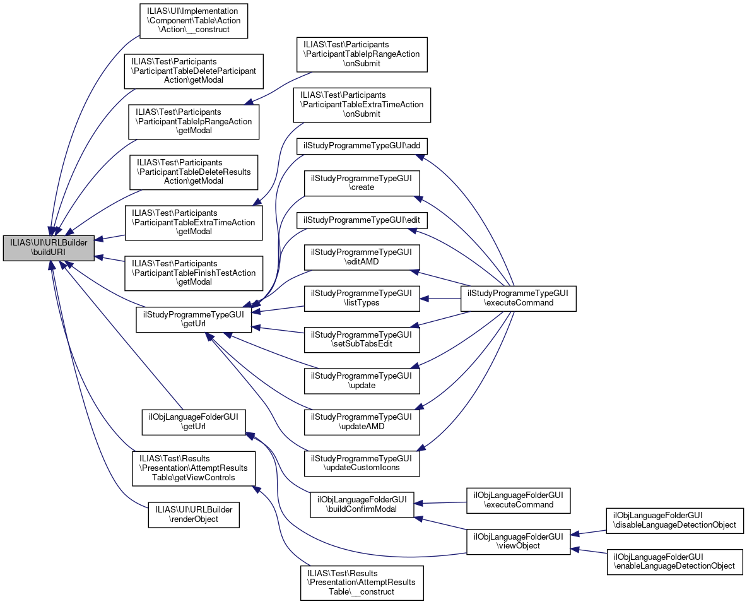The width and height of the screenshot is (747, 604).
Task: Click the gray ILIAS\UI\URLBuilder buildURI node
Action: pyautogui.click(x=49, y=248)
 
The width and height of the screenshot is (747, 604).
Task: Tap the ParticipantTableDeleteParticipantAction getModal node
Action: pyautogui.click(x=194, y=71)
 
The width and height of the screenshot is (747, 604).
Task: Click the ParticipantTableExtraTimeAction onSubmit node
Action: pyautogui.click(x=362, y=105)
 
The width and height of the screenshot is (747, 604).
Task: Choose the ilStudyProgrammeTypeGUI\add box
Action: pyautogui.click(x=362, y=146)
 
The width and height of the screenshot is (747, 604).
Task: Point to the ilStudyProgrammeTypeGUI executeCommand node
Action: pyautogui.click(x=518, y=298)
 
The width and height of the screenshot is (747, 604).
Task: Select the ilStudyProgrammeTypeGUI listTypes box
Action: pyautogui.click(x=362, y=298)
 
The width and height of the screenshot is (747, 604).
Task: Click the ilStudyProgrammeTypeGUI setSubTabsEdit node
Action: pyautogui.click(x=362, y=340)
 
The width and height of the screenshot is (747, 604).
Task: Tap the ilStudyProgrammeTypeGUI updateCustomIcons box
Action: pyautogui.click(x=362, y=463)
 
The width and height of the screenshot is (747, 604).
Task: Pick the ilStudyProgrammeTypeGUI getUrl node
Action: pyautogui.click(x=194, y=319)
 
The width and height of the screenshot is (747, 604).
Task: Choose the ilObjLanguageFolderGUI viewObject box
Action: pyautogui.click(x=519, y=541)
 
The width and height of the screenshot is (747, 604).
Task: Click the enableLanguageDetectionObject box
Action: pyautogui.click(x=675, y=561)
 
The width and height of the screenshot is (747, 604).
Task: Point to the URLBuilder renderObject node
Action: pyautogui.click(x=194, y=514)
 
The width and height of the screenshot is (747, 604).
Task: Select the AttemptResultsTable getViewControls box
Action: pyautogui.click(x=194, y=468)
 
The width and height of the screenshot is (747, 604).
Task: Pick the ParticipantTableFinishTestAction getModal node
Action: pyautogui.click(x=194, y=273)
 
